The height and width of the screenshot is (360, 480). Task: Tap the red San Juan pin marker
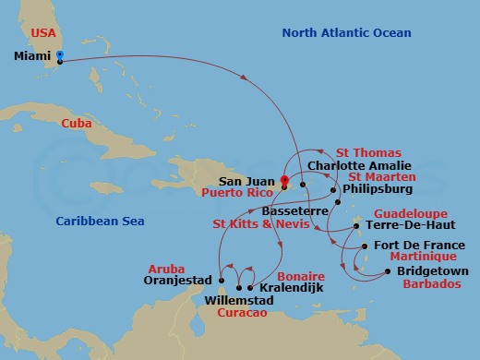284,180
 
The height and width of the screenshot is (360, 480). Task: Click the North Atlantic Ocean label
346,33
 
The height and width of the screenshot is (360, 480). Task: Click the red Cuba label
78,124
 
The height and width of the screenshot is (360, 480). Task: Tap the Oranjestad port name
181,281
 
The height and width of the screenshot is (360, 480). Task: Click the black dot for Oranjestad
222,280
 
